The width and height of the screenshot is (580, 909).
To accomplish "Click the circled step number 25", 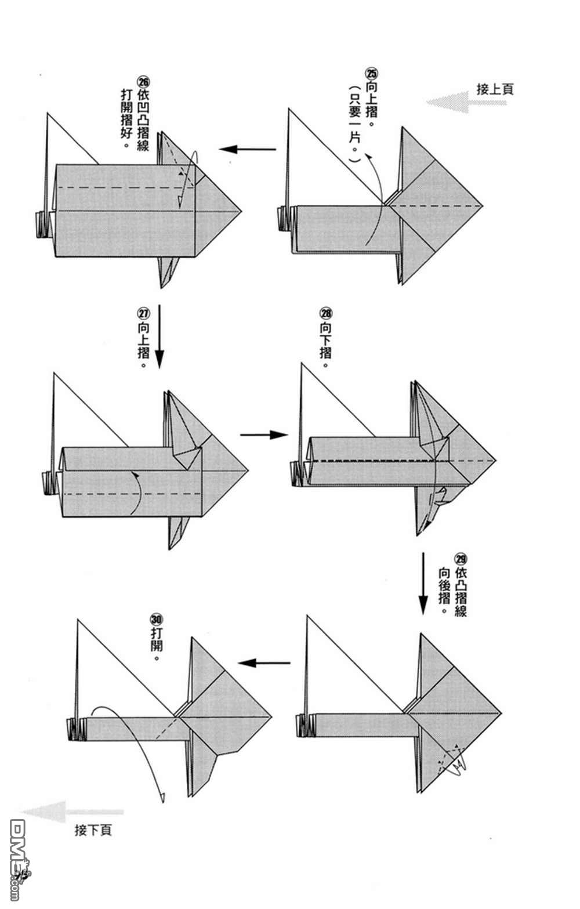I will coord(371,74).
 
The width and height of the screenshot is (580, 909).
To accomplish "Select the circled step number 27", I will coord(143,313).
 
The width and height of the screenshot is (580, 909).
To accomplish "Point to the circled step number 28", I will coord(326,314).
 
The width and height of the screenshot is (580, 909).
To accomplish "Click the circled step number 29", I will coord(461,559).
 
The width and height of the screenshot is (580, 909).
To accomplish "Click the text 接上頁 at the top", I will coord(495,89).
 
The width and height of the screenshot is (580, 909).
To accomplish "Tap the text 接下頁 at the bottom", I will coord(93,830).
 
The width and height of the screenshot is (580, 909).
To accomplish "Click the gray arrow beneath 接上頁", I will coord(466,103).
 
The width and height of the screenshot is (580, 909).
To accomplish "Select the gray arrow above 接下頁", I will coord(72,812).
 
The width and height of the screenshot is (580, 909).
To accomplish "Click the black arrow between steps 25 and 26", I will coord(248,150).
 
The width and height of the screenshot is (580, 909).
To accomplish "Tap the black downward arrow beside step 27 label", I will coord(158,336).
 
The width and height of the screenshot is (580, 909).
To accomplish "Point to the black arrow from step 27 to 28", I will coord(264,434).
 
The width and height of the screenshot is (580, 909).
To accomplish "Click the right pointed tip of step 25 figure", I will coord(481,206).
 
